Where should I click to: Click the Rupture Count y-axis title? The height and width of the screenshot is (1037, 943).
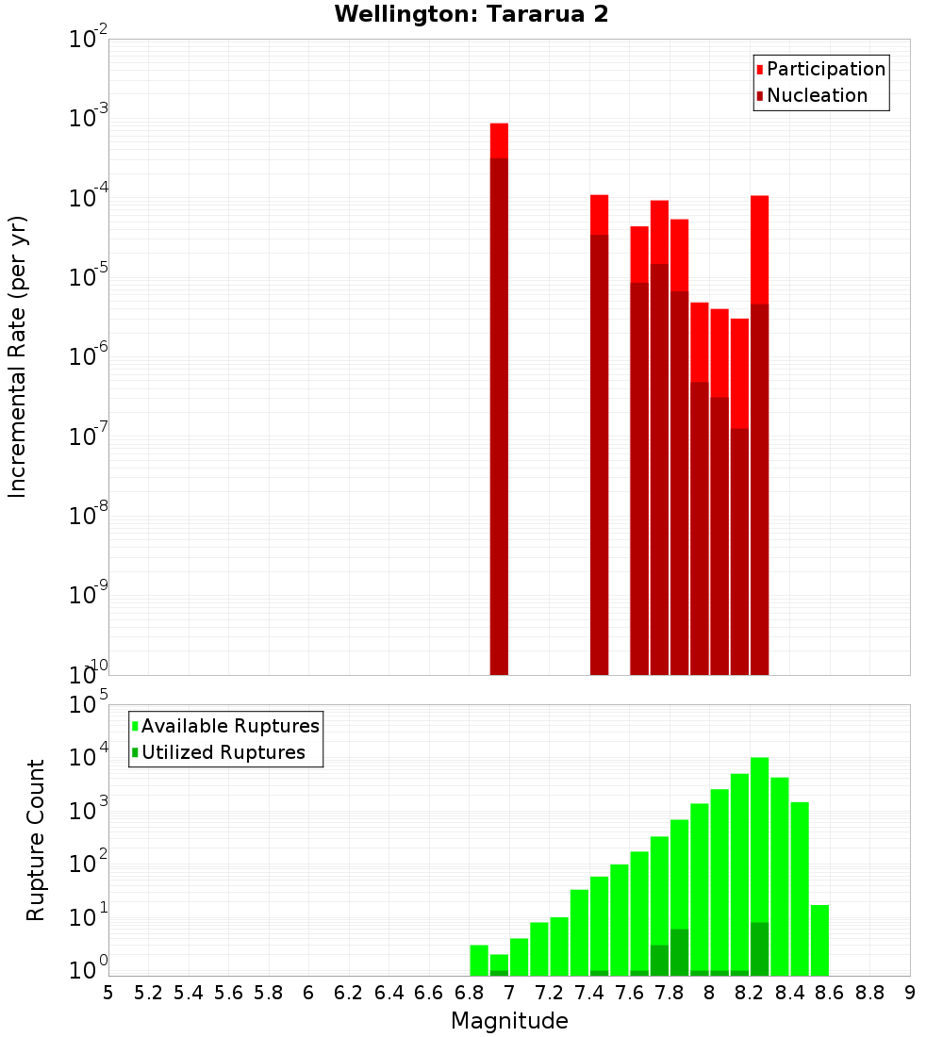[x=36, y=840]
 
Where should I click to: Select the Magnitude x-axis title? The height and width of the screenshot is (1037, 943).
[x=509, y=1021]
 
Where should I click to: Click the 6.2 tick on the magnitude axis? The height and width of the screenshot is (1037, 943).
[x=349, y=993]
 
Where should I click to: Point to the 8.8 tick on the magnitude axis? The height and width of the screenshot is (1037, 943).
[x=869, y=993]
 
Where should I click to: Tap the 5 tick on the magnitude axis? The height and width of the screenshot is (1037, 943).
[x=108, y=993]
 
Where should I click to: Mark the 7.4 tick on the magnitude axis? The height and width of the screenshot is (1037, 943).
[x=589, y=993]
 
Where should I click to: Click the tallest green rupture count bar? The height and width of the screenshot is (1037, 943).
[x=760, y=848]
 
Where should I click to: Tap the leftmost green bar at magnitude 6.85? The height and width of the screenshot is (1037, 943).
[x=479, y=961]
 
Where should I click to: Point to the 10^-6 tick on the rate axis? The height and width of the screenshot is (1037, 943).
[x=90, y=356]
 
